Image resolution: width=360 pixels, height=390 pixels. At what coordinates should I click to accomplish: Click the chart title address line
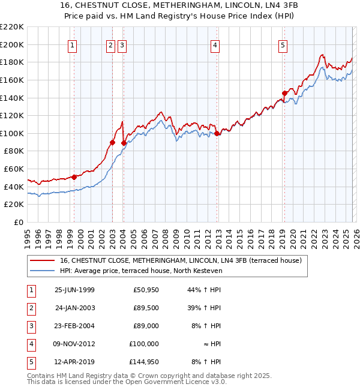pos(179,5)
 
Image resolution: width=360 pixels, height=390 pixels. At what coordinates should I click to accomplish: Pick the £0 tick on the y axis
pos(18,222)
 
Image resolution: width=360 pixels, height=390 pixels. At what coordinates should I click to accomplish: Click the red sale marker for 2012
pos(217,133)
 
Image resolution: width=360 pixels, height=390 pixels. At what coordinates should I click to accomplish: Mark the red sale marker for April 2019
pos(285,93)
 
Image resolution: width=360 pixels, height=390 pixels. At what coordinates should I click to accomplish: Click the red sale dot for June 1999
pos(74,177)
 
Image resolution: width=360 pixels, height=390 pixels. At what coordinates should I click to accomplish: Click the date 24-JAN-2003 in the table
pos(74,308)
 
